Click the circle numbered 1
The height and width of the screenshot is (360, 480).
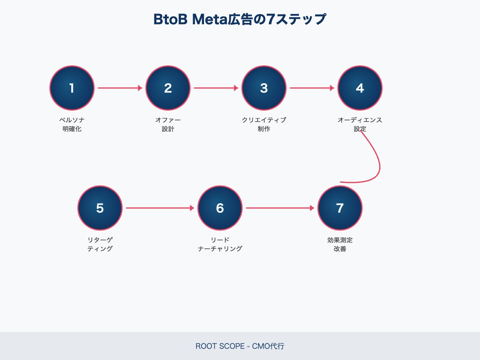click(72, 88)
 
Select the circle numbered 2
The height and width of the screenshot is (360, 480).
click(168, 88)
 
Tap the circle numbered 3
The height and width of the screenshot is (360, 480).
click(264, 88)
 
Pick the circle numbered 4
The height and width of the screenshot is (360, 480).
click(360, 88)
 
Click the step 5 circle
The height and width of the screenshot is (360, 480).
click(100, 208)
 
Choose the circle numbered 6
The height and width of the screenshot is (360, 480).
click(220, 208)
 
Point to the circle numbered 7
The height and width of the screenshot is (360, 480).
click(340, 208)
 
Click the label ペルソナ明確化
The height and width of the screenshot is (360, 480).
click(72, 124)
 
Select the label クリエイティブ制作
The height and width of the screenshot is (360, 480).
click(264, 124)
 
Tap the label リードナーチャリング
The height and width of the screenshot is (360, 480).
click(220, 244)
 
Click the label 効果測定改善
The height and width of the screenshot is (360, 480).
click(340, 244)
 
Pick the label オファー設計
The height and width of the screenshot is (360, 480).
click(168, 124)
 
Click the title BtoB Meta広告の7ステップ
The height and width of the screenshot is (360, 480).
click(240, 19)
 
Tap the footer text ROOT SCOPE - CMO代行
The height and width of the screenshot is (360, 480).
click(240, 346)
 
